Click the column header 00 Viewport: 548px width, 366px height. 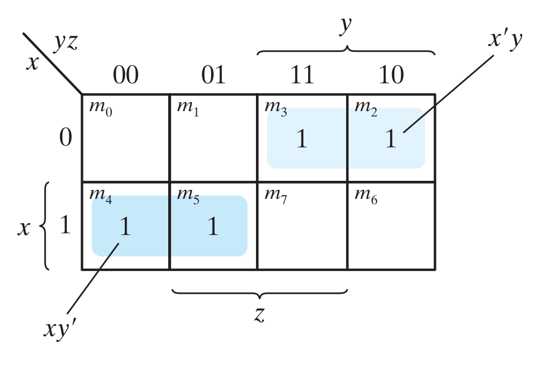[126, 75]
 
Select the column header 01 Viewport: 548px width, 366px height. [214, 75]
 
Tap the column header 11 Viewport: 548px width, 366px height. [302, 75]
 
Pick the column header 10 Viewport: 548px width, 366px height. [391, 75]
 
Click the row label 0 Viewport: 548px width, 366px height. [65, 139]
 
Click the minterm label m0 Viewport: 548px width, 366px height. [100, 107]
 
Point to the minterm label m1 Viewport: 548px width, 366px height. [188, 107]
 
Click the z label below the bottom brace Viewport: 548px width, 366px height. [259, 315]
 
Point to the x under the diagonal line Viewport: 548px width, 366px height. [32, 63]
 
